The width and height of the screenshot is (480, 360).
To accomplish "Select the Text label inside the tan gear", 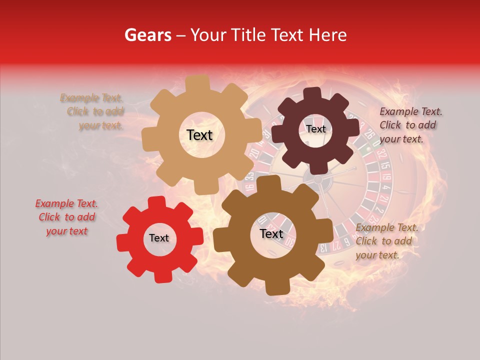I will point(199,135).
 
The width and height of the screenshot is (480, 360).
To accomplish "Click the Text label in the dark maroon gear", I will point(315,129).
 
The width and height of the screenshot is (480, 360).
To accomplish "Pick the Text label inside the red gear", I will point(159,238).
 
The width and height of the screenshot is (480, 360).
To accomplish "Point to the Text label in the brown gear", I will point(271,233).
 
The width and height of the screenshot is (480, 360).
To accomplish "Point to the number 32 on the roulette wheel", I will point(382,152).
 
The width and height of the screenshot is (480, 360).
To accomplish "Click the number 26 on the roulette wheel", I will point(370,134).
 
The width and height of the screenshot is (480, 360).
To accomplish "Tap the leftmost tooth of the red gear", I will point(121,242).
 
